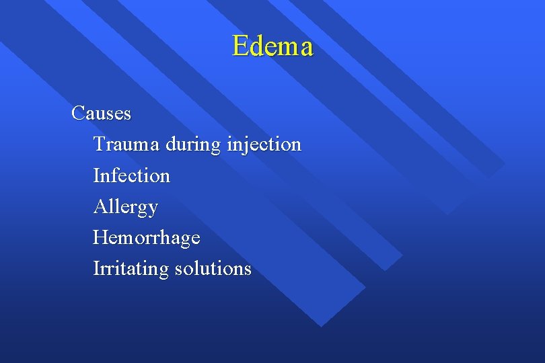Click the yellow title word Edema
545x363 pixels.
(272, 46)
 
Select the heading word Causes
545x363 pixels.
(101, 113)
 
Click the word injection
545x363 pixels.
(264, 145)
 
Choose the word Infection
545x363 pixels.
(131, 175)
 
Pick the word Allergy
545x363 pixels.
(125, 207)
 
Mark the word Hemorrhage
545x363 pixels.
(146, 237)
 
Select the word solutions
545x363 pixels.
(213, 269)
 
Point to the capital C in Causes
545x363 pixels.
(77, 113)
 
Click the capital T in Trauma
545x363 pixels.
(100, 144)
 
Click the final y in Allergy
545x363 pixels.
(153, 209)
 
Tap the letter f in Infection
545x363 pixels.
(112, 175)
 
